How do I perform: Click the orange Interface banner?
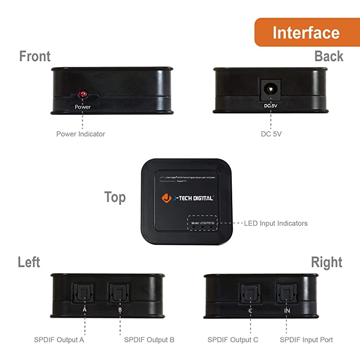pyautogui.click(x=306, y=32)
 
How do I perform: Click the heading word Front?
pyautogui.click(x=35, y=56)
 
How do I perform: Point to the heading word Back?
pyautogui.click(x=328, y=56)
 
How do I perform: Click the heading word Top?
pyautogui.click(x=115, y=197)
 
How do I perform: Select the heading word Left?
pyautogui.click(x=29, y=262)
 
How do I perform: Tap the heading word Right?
pyautogui.click(x=326, y=262)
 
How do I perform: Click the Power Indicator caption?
pyautogui.click(x=81, y=134)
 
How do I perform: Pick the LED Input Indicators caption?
pyautogui.click(x=276, y=223)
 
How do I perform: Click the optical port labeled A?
pyautogui.click(x=85, y=293)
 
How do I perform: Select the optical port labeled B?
pyautogui.click(x=119, y=293)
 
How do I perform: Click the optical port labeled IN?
pyautogui.click(x=287, y=293)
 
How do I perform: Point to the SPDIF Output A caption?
pyautogui.click(x=59, y=340)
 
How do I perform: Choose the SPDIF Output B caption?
pyautogui.click(x=149, y=340)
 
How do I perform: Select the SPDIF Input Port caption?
pyautogui.click(x=306, y=340)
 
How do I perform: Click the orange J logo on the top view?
pyautogui.click(x=166, y=198)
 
